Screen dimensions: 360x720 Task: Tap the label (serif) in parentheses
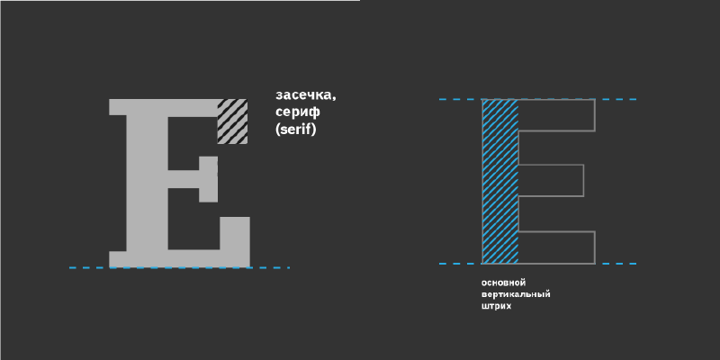(x=296, y=130)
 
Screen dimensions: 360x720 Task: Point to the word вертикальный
(x=516, y=294)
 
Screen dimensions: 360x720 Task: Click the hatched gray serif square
(x=232, y=121)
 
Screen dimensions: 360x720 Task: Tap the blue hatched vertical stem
(x=500, y=181)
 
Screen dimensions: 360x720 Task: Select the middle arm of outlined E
(x=551, y=181)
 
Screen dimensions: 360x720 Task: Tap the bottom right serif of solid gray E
(x=235, y=239)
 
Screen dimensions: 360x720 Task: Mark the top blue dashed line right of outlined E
(x=616, y=99)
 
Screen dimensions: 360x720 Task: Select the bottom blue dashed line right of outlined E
(x=616, y=264)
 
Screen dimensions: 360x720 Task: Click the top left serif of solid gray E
(x=118, y=106)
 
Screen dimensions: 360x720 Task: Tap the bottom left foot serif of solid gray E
(x=118, y=259)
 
